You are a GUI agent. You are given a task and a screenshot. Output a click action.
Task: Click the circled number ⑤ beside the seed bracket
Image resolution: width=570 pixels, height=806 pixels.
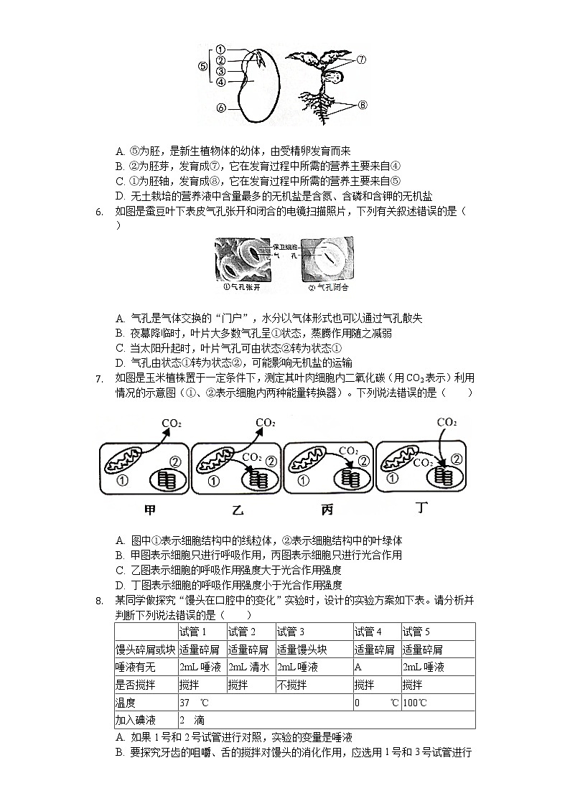tap(202, 66)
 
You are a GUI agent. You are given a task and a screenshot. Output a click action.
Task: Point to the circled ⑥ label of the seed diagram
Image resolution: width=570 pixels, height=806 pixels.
tap(221, 108)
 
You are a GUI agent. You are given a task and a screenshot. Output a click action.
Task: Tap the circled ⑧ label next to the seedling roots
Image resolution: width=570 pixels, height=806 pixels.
tap(363, 105)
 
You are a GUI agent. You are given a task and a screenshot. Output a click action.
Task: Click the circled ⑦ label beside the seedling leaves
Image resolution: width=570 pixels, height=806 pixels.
tap(361, 60)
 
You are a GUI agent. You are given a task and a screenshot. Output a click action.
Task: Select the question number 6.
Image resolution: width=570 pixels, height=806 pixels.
tap(99, 211)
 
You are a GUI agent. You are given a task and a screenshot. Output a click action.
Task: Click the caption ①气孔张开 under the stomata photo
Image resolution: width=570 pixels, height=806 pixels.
tap(243, 287)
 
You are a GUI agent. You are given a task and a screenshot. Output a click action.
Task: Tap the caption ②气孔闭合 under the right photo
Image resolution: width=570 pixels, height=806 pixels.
tap(328, 287)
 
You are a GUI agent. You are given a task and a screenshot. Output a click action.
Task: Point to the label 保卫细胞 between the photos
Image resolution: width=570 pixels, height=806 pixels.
tap(285, 246)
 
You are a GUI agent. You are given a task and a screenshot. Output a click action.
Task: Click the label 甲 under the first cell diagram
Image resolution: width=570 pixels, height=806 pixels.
tap(150, 510)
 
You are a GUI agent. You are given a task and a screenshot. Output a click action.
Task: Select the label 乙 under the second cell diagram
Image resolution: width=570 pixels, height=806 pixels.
tap(238, 511)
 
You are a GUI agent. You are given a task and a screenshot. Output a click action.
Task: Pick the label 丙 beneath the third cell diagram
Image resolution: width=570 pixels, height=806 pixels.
tap(327, 510)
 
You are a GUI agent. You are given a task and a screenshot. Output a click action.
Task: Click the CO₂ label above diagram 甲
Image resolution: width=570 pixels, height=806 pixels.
tap(172, 423)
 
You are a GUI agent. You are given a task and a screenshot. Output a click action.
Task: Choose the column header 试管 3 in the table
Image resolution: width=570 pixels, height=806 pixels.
tap(291, 632)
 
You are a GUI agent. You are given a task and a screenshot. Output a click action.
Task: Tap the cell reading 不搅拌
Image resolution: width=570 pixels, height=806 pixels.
tap(292, 685)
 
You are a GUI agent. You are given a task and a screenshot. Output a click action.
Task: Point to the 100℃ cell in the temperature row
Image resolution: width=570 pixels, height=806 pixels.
tap(415, 703)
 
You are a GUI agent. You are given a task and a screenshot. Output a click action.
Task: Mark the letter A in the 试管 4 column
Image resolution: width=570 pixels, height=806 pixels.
tap(358, 667)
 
